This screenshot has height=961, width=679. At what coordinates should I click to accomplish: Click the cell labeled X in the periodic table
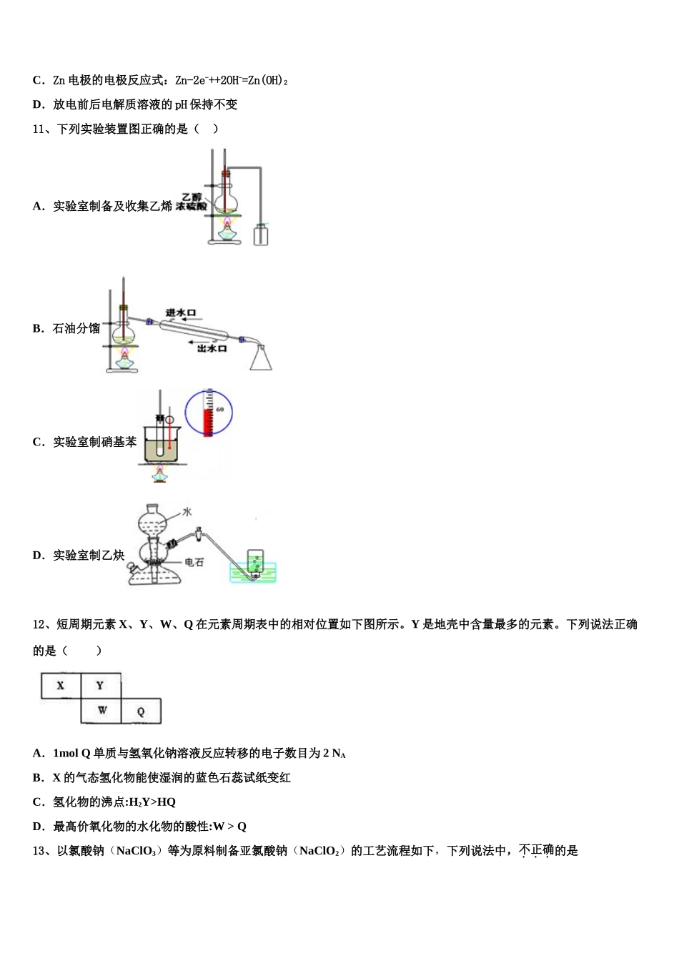click(61, 686)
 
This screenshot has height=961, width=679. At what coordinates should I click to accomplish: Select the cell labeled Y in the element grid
click(100, 686)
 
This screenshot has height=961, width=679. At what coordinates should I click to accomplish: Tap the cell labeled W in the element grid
click(101, 711)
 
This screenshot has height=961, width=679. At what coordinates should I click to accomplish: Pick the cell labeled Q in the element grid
click(141, 711)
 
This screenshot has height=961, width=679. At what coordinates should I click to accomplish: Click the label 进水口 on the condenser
click(180, 313)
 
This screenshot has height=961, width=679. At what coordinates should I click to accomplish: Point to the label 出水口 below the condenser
click(212, 348)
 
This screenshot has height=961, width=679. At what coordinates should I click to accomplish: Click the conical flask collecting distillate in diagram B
click(261, 358)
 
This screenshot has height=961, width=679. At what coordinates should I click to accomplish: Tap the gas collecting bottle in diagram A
click(261, 235)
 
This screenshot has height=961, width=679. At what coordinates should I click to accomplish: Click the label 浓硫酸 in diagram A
click(191, 207)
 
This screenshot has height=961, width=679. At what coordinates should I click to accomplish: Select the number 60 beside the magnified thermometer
click(220, 410)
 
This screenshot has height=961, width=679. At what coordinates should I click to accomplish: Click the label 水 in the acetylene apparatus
click(187, 512)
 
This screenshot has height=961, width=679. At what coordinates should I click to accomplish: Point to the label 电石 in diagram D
click(194, 563)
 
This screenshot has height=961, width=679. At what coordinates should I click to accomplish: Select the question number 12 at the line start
click(39, 624)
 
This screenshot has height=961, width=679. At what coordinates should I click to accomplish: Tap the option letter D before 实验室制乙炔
click(38, 556)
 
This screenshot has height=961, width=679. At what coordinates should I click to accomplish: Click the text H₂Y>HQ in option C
click(152, 802)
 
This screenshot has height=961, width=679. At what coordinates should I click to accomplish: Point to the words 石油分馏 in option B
click(76, 329)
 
